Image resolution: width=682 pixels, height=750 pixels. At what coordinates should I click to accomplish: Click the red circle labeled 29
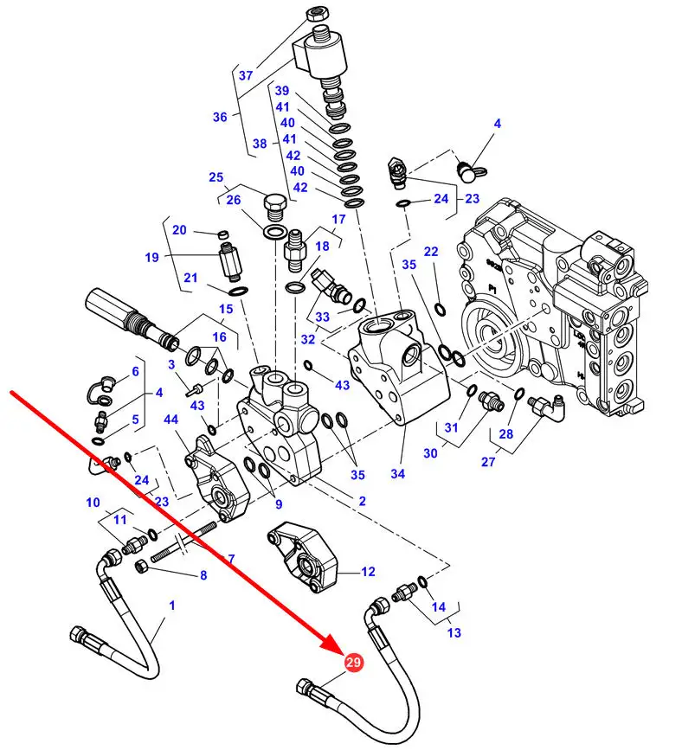tap(353, 662)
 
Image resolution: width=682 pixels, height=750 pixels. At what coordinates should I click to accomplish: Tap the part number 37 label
tap(246, 75)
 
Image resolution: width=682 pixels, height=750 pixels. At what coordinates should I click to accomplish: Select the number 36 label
tap(220, 117)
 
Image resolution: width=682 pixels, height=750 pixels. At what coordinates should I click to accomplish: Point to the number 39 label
tap(282, 91)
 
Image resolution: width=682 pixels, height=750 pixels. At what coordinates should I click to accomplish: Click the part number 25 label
tap(216, 177)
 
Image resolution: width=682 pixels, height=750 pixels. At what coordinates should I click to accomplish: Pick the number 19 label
tap(151, 257)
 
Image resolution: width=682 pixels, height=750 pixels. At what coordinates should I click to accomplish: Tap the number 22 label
tap(431, 251)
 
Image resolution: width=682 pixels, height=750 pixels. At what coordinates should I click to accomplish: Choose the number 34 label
tap(398, 473)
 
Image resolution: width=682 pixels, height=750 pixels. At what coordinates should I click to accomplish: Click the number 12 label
tap(368, 572)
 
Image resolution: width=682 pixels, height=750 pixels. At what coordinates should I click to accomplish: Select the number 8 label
tap(203, 575)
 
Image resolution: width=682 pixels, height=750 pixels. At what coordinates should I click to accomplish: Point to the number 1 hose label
tap(172, 606)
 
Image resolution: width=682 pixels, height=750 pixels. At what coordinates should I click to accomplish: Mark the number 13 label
tap(454, 632)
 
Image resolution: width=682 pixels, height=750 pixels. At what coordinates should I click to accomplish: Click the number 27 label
tap(487, 462)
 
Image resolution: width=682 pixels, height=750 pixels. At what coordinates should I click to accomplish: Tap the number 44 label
tap(170, 420)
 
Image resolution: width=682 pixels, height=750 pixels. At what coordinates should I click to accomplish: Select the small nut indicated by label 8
tap(142, 567)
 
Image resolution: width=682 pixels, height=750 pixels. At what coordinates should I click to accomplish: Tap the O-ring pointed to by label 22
tap(441, 310)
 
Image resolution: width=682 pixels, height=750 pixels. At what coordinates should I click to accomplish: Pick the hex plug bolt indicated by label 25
tap(275, 206)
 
